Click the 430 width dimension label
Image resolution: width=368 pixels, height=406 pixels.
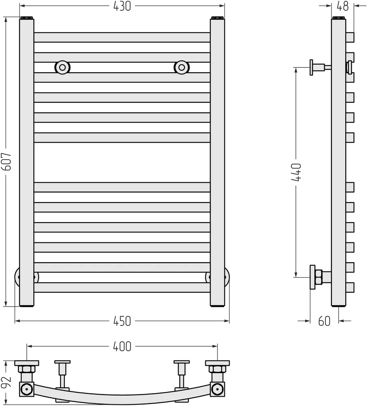122,6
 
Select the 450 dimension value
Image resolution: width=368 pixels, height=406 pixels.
122,321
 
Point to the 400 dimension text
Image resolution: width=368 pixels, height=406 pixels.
122,346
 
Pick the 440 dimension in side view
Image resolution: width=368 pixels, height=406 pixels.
297,172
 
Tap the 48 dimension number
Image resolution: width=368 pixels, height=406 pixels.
342,6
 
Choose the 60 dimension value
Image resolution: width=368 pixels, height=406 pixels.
324,321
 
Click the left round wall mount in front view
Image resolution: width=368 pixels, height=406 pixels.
62,67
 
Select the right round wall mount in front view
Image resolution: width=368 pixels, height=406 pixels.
182,67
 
